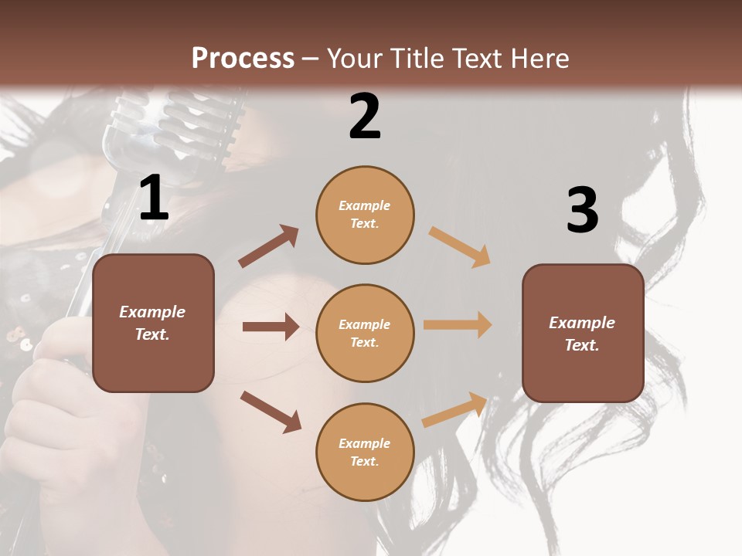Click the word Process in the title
243,58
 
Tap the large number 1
154,198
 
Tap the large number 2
365,117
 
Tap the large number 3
582,211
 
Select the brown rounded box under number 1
153,323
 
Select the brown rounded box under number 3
583,334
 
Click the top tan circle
365,215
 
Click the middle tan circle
365,334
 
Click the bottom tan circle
365,453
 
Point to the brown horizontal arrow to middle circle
271,327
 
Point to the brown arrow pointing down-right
271,412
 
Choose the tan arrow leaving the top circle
460,246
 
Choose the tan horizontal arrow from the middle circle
458,325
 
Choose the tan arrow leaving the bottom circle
454,409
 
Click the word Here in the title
537,58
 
